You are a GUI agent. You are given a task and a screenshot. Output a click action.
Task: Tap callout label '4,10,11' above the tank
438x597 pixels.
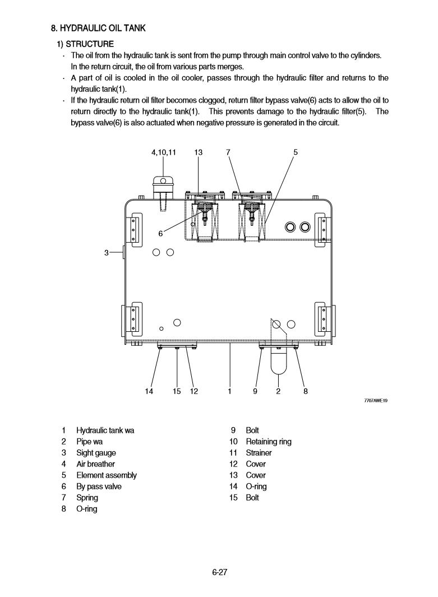pos(164,152)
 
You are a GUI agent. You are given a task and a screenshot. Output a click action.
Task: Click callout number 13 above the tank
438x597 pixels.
pos(199,152)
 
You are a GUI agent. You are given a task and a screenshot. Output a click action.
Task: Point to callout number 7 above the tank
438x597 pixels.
pos(228,152)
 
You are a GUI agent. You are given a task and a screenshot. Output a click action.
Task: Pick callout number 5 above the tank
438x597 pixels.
pos(296,152)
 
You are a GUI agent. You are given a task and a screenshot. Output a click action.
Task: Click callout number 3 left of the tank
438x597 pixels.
pos(107,253)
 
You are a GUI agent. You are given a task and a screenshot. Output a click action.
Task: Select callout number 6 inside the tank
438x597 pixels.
pos(160,233)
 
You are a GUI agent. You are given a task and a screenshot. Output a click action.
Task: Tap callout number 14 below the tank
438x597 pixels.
pos(149,392)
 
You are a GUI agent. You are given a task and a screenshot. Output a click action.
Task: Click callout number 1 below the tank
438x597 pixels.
pos(230,392)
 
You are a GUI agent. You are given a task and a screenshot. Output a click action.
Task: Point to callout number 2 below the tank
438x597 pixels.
pos(278,392)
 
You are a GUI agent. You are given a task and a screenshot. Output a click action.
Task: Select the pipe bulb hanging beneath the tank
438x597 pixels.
pos(279,361)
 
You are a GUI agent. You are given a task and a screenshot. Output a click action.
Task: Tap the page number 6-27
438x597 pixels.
pos(219,572)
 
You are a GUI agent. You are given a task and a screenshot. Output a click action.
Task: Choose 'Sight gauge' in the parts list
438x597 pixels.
pos(96,453)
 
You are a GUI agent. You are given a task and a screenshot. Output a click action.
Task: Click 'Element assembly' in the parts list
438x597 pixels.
pos(106,475)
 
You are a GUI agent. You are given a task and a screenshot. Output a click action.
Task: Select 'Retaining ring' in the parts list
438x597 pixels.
pos(269,442)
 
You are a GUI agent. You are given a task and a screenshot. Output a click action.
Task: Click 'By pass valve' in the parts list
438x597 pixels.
pos(99,487)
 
